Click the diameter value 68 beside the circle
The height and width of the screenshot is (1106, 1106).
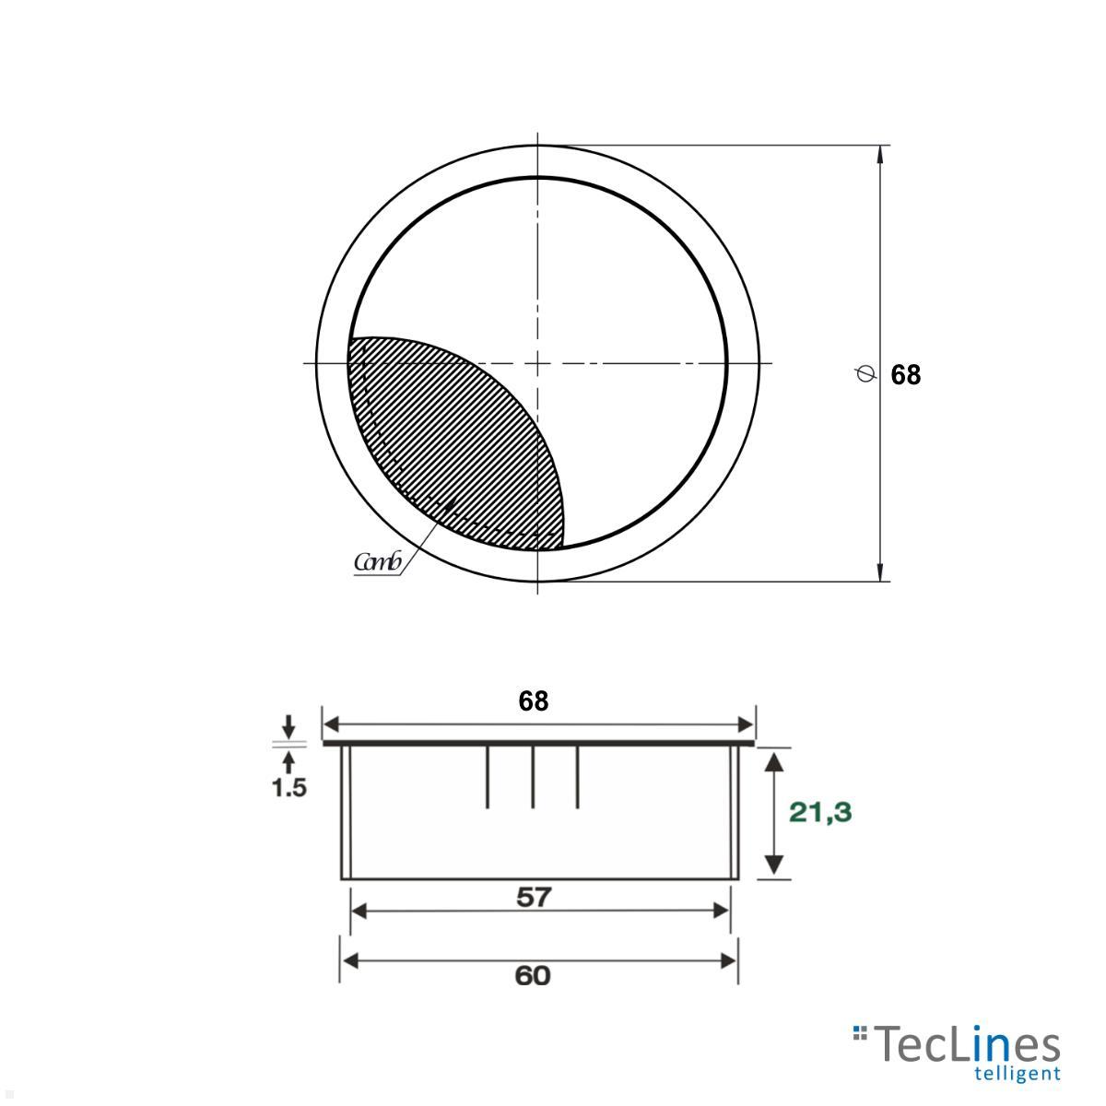(905, 375)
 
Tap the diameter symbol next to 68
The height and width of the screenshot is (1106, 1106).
(865, 374)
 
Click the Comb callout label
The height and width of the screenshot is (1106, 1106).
(377, 562)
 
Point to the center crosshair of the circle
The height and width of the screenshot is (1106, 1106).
(537, 363)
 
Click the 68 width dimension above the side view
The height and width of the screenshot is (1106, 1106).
(533, 701)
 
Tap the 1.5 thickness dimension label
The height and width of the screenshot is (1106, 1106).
(288, 788)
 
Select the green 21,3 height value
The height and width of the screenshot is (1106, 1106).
(820, 812)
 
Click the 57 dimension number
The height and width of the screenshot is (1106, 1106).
(533, 896)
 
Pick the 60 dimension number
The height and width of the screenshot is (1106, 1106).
(533, 975)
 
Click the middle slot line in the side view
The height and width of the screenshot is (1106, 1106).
(533, 776)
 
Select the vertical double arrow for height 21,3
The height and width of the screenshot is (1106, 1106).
(774, 812)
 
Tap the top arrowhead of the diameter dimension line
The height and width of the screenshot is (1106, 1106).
(881, 155)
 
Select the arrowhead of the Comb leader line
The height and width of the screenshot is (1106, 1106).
(452, 503)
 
